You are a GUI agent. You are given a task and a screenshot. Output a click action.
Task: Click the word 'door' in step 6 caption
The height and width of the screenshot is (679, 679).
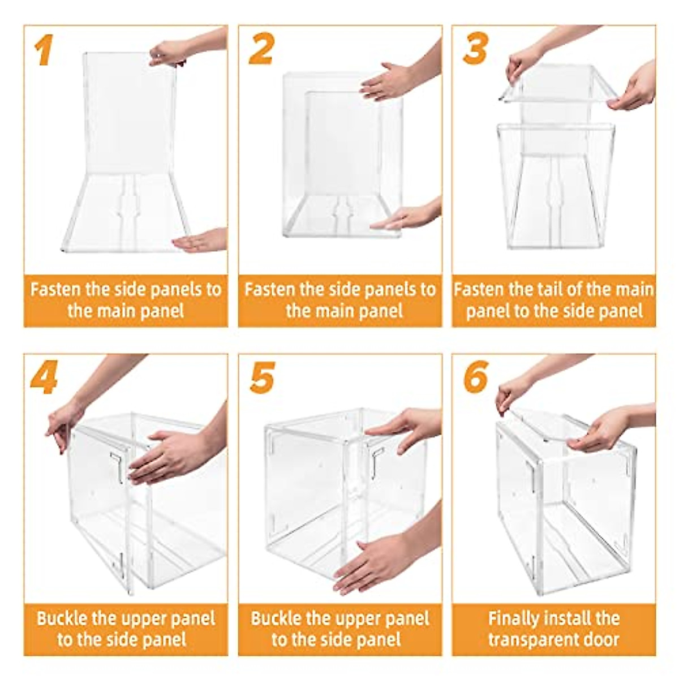601,639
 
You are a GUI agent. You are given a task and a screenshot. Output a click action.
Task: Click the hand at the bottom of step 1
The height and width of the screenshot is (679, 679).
199,240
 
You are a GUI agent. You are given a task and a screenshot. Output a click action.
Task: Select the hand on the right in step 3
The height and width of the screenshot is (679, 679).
633,87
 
